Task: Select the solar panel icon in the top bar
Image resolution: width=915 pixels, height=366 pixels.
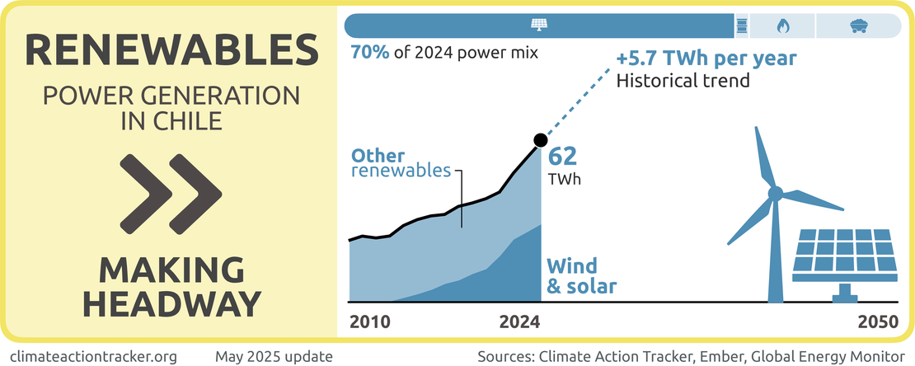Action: click(538, 26)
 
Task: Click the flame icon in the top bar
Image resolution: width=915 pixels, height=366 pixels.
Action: click(782, 26)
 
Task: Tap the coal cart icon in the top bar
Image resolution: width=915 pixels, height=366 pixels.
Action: click(858, 26)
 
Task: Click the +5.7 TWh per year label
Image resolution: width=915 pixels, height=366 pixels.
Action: click(706, 60)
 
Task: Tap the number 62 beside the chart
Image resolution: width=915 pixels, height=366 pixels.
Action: click(563, 156)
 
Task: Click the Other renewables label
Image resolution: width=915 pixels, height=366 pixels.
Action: click(401, 163)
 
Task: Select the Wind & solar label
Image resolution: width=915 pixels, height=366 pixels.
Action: click(582, 276)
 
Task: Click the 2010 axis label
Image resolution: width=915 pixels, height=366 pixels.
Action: click(371, 322)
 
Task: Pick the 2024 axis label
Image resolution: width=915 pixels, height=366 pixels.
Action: click(519, 322)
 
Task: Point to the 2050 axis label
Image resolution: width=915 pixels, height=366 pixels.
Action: click(876, 322)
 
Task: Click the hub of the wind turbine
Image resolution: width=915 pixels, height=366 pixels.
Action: click(775, 194)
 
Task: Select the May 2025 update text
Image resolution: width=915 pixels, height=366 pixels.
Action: click(274, 356)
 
